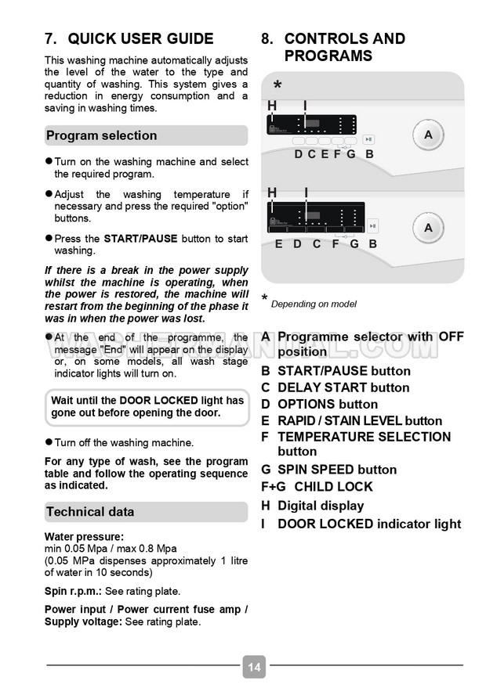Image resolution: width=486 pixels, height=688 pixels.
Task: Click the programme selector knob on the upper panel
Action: (428, 135)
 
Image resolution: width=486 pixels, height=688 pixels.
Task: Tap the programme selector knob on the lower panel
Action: (428, 228)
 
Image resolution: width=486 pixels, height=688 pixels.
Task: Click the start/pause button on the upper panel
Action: (369, 140)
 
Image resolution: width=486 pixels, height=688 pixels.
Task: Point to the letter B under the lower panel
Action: (373, 244)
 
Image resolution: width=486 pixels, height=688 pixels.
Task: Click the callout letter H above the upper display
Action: (272, 106)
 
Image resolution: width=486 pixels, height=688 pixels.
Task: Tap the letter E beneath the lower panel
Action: (278, 244)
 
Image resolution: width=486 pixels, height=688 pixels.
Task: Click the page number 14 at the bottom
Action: (254, 668)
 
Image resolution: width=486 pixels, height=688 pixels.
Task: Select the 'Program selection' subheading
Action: (102, 135)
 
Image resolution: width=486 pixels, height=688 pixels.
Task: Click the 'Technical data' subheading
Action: (90, 512)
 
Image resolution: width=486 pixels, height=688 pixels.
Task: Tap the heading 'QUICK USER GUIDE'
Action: (140, 39)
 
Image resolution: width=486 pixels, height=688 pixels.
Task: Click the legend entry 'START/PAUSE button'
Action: (343, 371)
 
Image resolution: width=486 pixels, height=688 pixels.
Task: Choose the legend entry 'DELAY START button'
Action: (343, 387)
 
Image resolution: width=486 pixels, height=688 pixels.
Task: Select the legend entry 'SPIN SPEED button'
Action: (337, 470)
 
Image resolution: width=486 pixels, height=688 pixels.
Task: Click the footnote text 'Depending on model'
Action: (314, 304)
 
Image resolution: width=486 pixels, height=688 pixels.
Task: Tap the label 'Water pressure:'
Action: (84, 536)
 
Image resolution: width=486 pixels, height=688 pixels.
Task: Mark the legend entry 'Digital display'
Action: (321, 506)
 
